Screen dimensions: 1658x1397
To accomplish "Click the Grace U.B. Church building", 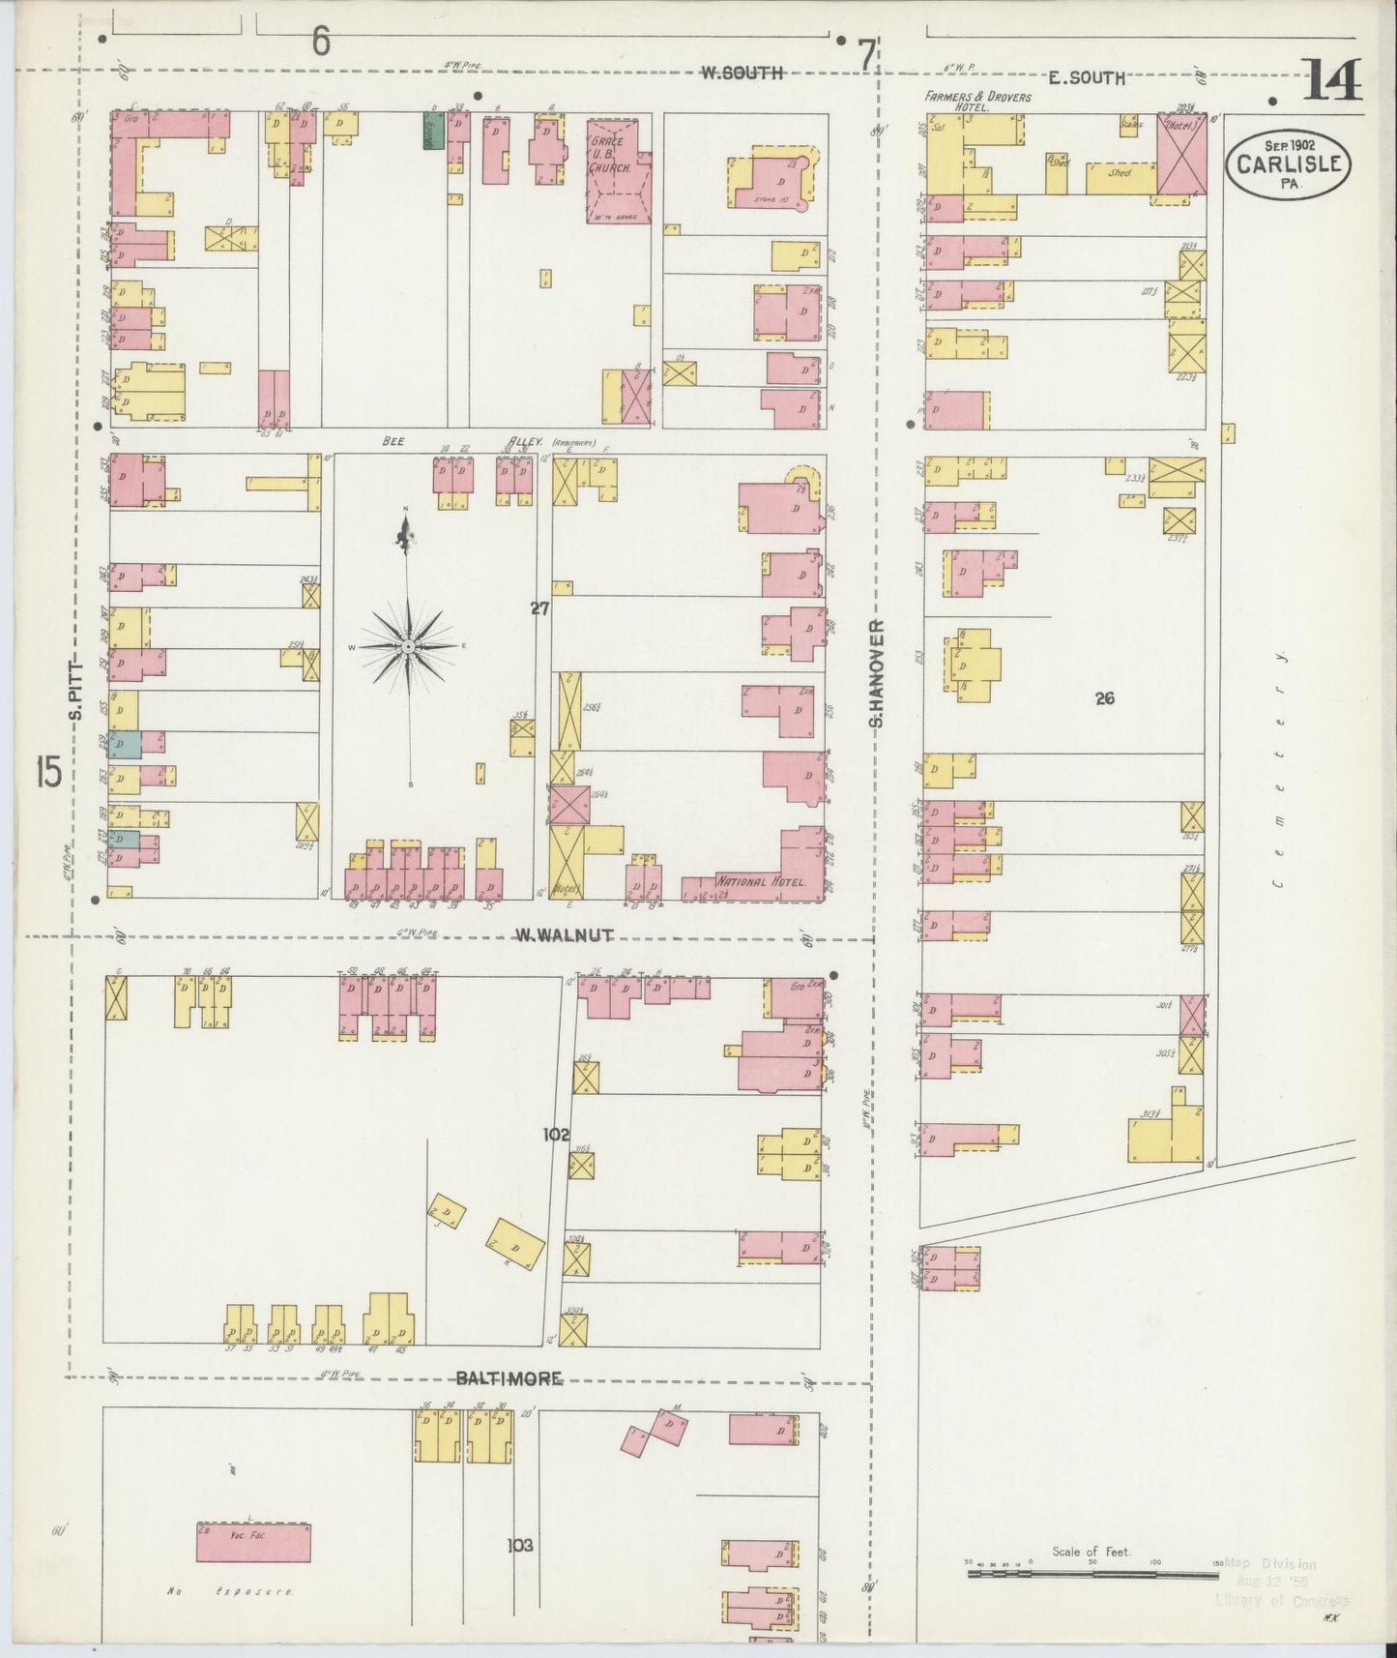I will (616, 169).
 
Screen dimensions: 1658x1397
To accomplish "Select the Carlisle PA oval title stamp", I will (1289, 163).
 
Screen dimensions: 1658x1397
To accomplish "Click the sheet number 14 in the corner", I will (1333, 80).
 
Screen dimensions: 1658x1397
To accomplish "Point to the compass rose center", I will (408, 645).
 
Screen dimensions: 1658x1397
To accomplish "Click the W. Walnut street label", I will (564, 935).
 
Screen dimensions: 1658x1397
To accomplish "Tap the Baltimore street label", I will (509, 1378).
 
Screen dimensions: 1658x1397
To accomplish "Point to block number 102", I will (557, 1135).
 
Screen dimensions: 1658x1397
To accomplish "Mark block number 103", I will (521, 1546).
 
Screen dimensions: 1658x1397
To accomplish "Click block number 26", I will (1105, 698).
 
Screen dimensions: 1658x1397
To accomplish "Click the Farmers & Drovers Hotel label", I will (976, 102).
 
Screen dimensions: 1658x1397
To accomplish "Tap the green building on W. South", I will (432, 132).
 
